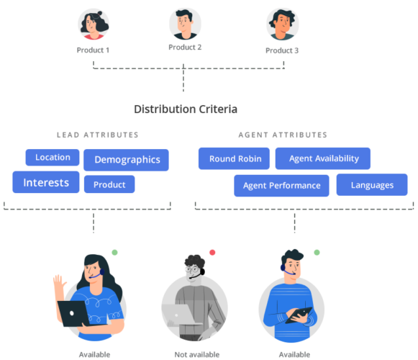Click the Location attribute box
click(x=53, y=157)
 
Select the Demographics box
click(x=127, y=160)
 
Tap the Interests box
click(x=46, y=182)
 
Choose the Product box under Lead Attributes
click(x=109, y=184)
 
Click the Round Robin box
click(x=234, y=158)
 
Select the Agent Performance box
click(x=281, y=185)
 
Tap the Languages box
click(x=372, y=185)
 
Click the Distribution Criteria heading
click(x=186, y=109)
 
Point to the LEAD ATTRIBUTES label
click(x=98, y=135)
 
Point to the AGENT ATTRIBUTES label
click(x=283, y=135)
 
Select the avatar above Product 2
click(x=185, y=24)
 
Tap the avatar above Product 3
click(x=281, y=24)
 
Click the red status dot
click(x=212, y=252)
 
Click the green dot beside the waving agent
click(x=114, y=252)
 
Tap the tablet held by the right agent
click(x=299, y=315)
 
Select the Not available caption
click(x=193, y=354)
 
